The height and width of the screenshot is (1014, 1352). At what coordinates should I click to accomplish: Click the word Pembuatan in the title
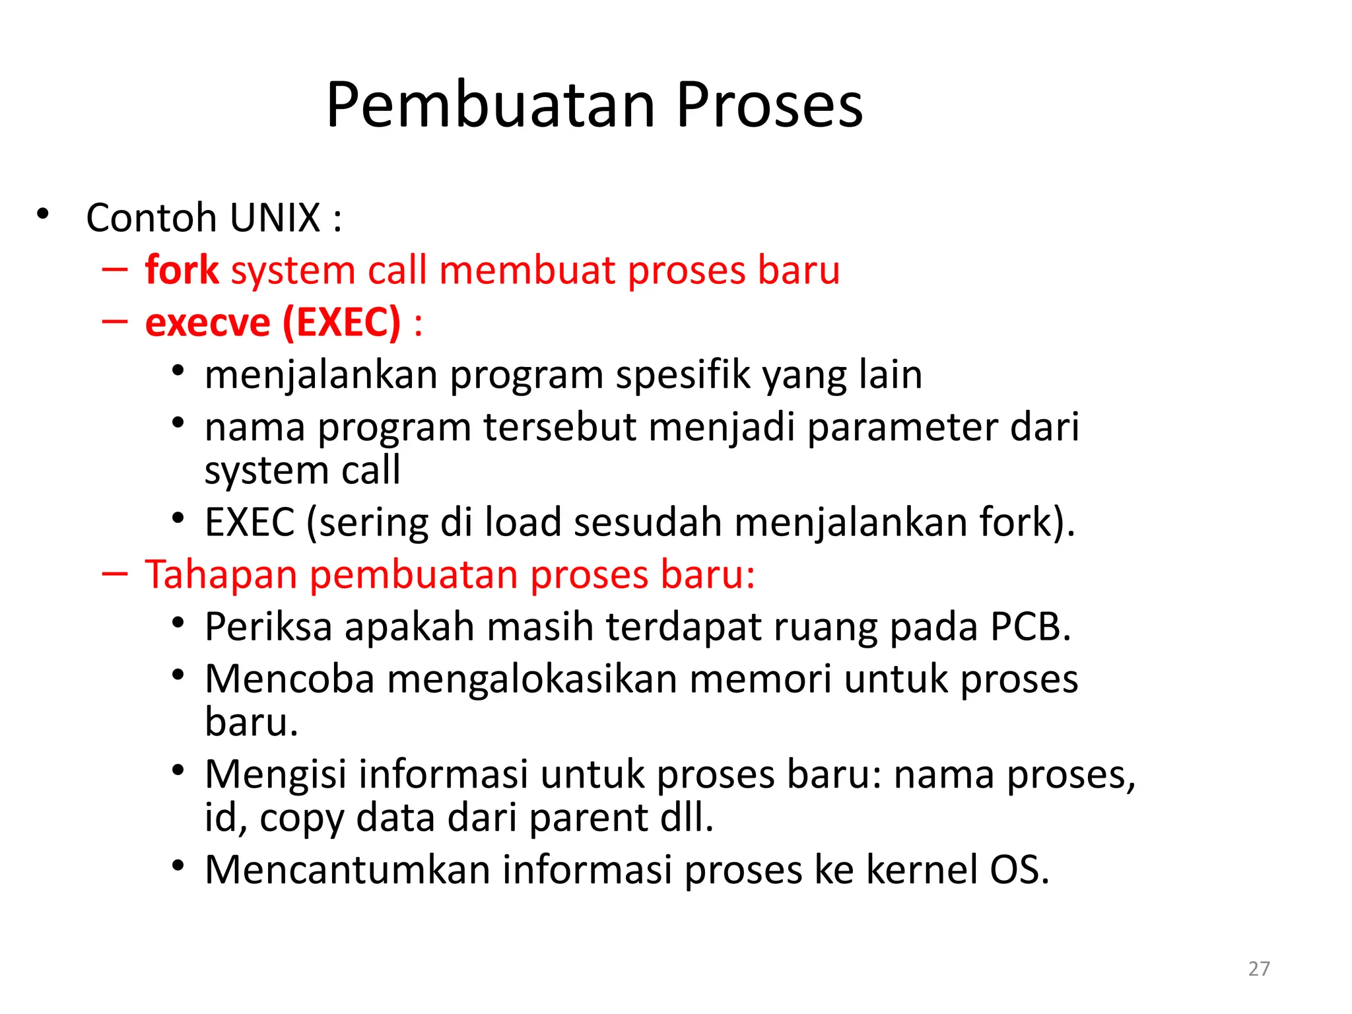490,106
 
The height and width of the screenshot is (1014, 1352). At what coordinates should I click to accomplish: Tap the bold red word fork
182,270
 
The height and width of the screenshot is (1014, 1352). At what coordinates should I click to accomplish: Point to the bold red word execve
207,323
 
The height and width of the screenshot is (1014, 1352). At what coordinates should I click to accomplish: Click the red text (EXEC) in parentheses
341,323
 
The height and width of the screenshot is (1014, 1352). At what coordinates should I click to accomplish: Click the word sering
373,523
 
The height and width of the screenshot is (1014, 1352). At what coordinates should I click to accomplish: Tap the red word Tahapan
221,574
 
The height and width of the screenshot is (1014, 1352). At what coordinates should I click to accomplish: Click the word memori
760,679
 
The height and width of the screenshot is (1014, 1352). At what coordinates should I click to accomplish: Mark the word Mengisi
275,774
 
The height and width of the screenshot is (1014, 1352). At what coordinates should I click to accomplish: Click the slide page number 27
1259,968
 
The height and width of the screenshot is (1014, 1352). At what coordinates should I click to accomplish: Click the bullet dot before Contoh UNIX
43,214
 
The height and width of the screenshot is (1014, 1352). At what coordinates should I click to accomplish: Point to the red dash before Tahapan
115,574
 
